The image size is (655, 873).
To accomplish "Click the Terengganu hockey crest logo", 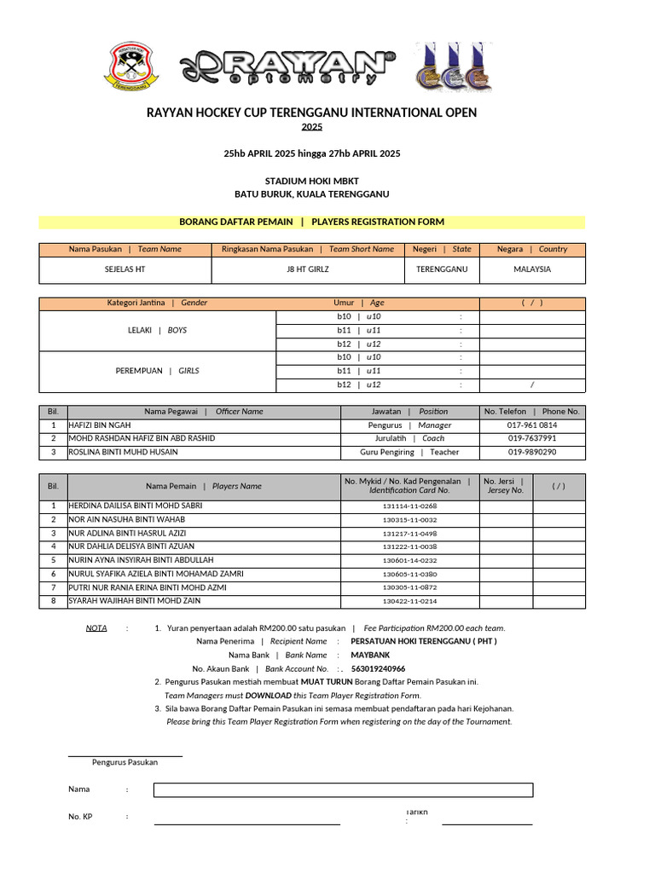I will [x=130, y=66].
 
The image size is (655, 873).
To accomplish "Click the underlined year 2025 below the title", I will [x=312, y=127].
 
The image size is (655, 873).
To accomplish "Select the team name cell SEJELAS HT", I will [x=125, y=269].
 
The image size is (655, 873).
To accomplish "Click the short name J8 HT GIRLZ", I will [x=308, y=269].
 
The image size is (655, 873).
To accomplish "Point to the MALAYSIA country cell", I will [x=532, y=269].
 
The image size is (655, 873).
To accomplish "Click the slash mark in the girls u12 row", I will [x=532, y=384].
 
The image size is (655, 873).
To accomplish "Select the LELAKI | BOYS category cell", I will [x=158, y=329].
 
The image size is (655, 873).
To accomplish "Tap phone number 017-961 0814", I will [x=532, y=425].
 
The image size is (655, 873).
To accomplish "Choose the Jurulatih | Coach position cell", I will [x=409, y=438].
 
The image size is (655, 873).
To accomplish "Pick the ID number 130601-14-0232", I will [x=409, y=560].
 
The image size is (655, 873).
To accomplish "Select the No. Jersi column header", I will [x=505, y=486].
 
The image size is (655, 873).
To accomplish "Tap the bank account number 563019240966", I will [x=378, y=668].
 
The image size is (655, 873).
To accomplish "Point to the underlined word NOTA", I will [x=96, y=627].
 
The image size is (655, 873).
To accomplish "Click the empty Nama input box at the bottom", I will [x=343, y=789].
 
